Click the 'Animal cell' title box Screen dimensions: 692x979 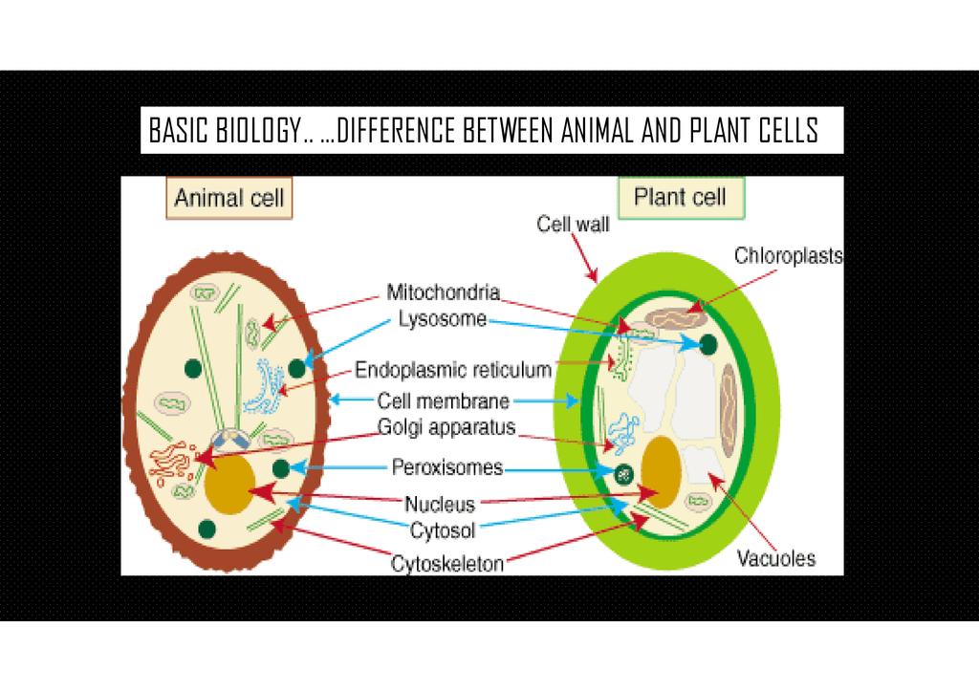(x=228, y=200)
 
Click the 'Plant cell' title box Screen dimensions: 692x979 (x=680, y=199)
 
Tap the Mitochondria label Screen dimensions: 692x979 (x=443, y=291)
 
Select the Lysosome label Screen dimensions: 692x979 (x=442, y=319)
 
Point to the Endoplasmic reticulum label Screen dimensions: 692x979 (x=454, y=369)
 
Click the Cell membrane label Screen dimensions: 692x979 (x=443, y=401)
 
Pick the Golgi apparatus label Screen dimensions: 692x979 (x=446, y=427)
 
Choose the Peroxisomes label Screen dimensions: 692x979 (x=446, y=468)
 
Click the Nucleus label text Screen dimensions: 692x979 (x=439, y=504)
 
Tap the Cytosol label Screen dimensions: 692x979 (x=443, y=528)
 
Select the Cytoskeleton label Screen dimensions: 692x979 (x=446, y=564)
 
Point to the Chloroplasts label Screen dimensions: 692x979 (x=788, y=255)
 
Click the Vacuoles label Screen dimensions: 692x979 (x=775, y=557)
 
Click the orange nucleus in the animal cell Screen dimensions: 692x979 (x=229, y=485)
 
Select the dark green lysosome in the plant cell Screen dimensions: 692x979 (x=708, y=345)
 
